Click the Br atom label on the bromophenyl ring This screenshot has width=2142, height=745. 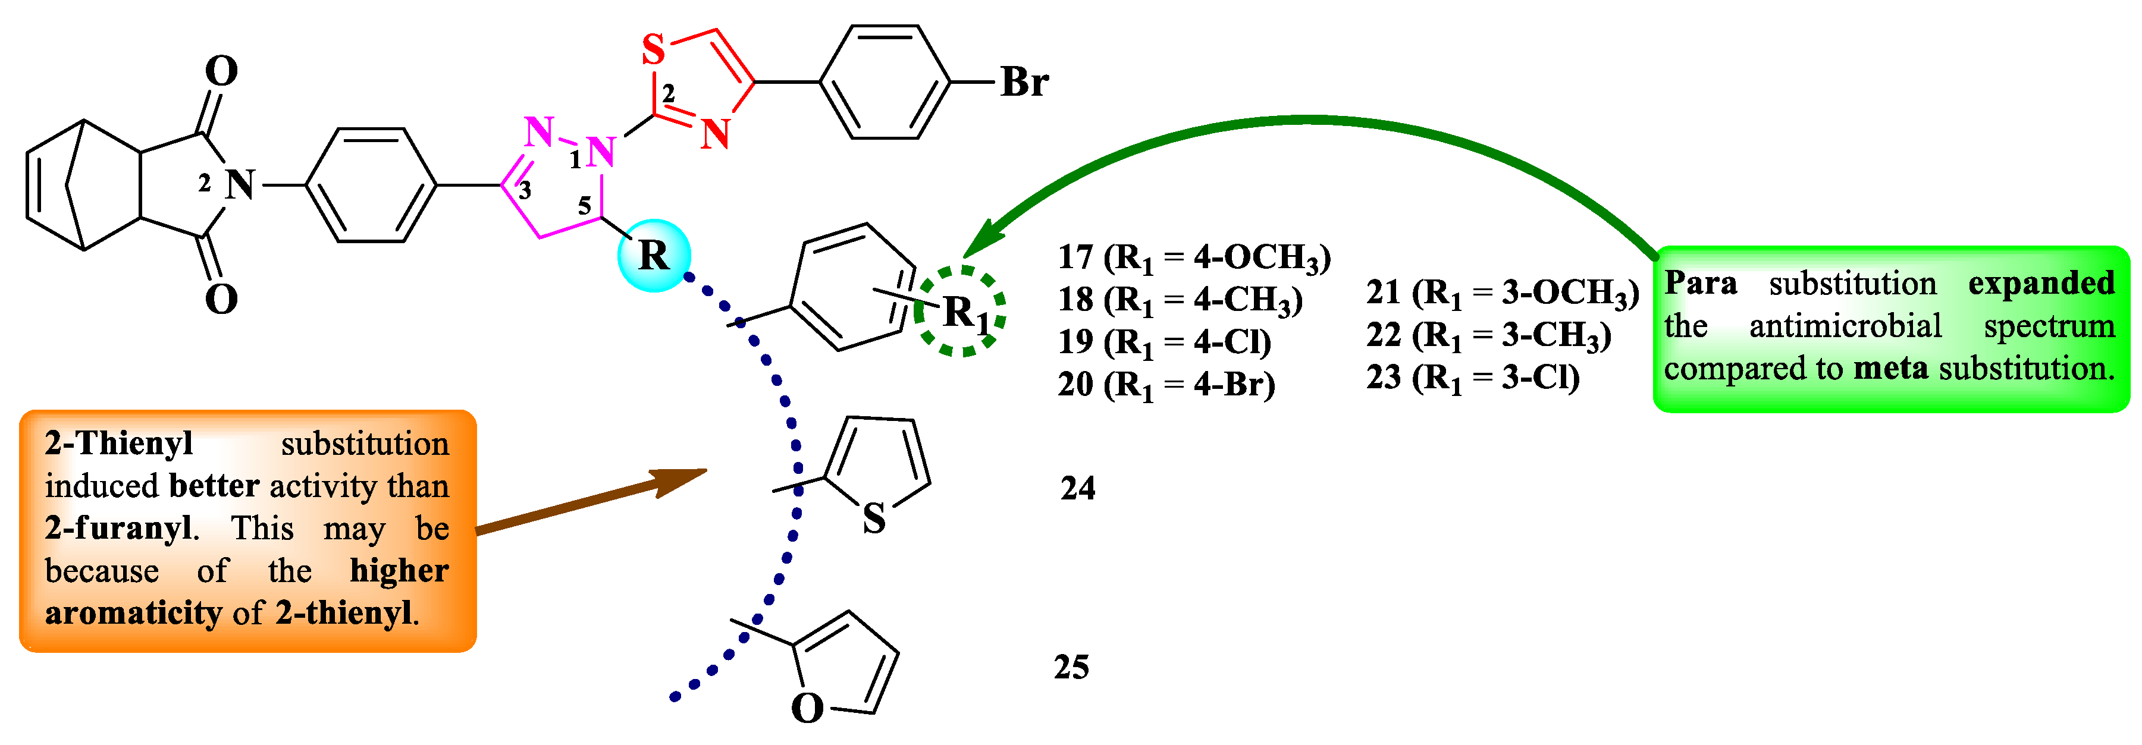1024,82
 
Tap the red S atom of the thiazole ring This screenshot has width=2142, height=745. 654,50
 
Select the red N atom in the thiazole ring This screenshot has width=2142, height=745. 715,133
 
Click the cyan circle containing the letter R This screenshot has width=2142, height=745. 654,255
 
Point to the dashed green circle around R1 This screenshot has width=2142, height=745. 961,311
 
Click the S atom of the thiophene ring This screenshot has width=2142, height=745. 874,519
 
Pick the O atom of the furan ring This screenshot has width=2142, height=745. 807,708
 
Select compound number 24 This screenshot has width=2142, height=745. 1078,488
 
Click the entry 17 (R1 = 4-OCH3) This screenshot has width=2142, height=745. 1194,259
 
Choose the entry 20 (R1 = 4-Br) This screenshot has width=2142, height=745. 1166,385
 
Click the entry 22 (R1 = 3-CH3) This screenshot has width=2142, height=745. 1488,336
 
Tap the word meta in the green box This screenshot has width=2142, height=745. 1890,367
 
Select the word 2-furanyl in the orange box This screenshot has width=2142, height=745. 121,528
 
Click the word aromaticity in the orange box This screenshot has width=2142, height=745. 133,613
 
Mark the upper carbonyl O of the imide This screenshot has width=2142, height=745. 221,71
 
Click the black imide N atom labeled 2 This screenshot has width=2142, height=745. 240,184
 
